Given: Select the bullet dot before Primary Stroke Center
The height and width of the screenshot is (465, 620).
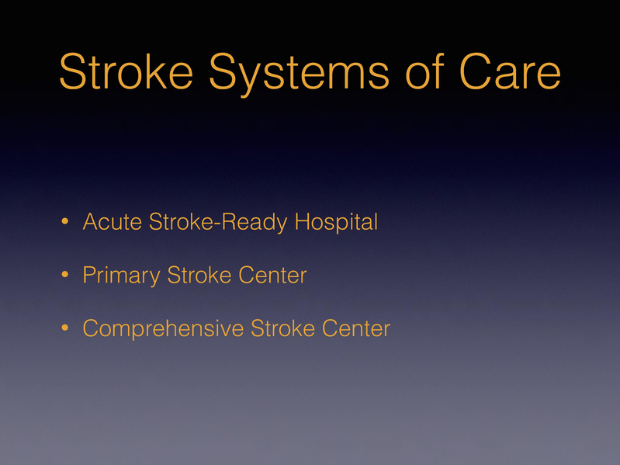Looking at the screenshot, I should (66, 276).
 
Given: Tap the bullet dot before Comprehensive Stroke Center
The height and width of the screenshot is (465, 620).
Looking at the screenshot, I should (66, 329).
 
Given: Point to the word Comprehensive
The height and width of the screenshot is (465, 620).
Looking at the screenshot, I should (164, 328).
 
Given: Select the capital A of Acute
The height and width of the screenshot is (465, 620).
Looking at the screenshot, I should (88, 223).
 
